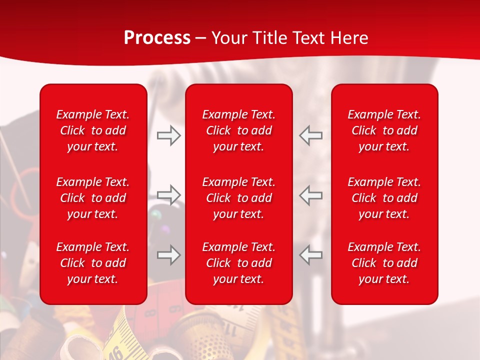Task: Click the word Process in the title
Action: [157, 38]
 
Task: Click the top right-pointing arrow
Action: [168, 135]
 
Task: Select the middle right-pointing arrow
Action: [168, 195]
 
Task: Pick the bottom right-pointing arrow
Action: [168, 255]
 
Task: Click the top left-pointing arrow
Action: [311, 135]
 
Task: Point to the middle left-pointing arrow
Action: [311, 195]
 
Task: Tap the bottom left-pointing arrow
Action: [311, 255]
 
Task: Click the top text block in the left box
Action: [93, 130]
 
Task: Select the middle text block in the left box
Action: [93, 198]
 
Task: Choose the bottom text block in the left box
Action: [93, 263]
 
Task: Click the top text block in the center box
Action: [239, 130]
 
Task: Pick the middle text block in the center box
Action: [239, 198]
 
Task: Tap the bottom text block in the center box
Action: [239, 263]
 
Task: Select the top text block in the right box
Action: [384, 130]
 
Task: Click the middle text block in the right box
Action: [384, 198]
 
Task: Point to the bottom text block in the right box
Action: [384, 263]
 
